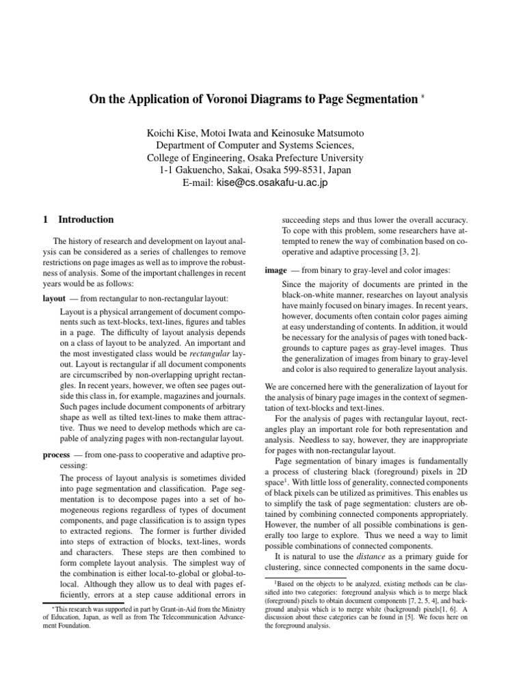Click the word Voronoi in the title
pyautogui.click(x=226, y=99)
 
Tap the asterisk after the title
pyautogui.click(x=423, y=96)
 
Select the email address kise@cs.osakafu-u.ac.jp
pyautogui.click(x=272, y=183)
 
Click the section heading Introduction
pyautogui.click(x=86, y=219)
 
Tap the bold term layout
pyautogui.click(x=54, y=299)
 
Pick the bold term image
pyautogui.click(x=275, y=270)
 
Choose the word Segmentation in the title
pyautogui.click(x=372, y=99)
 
